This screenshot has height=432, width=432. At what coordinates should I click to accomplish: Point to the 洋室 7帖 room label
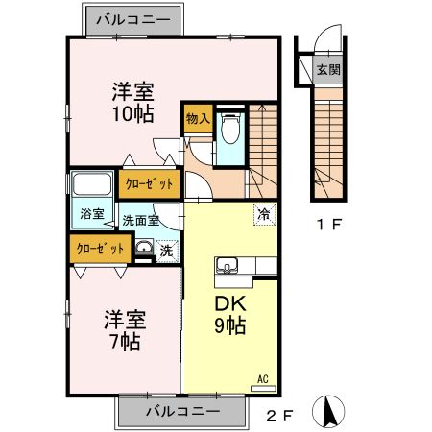click(x=122, y=330)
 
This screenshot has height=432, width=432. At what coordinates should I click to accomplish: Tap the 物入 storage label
click(x=198, y=119)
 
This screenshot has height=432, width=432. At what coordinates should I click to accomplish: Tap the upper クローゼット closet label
click(x=150, y=182)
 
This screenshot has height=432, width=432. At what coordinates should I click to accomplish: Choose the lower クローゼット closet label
click(x=101, y=248)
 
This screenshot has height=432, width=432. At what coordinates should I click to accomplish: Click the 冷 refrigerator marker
click(x=261, y=215)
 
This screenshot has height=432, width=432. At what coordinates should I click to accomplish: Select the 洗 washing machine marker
click(x=166, y=250)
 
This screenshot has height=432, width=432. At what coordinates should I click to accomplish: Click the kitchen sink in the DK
click(x=229, y=266)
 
